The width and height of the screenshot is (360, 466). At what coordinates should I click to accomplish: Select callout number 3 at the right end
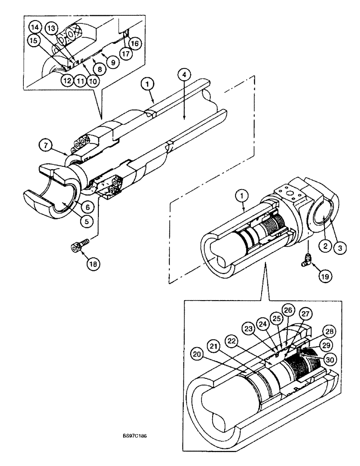click(340, 248)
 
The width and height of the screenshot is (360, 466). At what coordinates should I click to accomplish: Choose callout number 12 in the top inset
click(66, 81)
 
